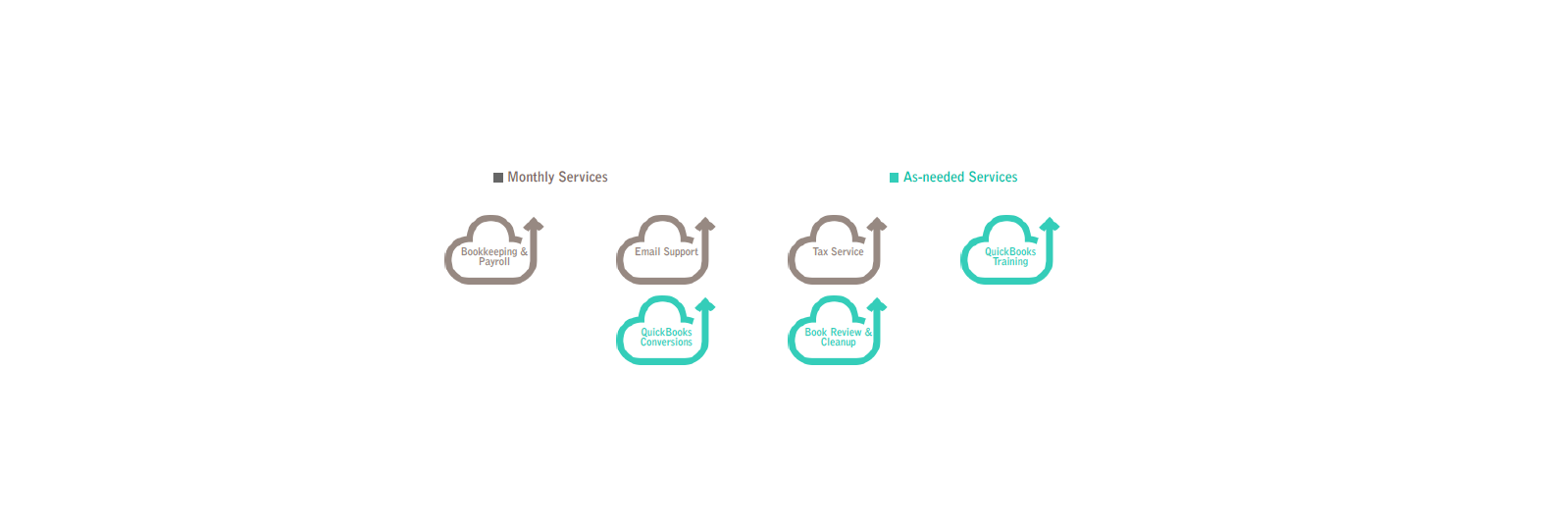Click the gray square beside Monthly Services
498,178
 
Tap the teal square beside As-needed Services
894,178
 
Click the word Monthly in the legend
531,177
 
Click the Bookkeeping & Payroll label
494,257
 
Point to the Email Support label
666,252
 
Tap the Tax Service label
838,252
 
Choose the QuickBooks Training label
1010,257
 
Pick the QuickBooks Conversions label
666,338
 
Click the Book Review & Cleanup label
838,338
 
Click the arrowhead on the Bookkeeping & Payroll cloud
534,225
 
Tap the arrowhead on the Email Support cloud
705,225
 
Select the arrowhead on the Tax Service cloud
877,225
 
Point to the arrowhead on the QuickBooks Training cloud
1050,225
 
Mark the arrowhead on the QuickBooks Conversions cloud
705,305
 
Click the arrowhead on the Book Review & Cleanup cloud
877,305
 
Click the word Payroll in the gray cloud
494,262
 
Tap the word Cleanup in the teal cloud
838,343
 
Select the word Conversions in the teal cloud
666,343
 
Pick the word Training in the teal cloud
1010,262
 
